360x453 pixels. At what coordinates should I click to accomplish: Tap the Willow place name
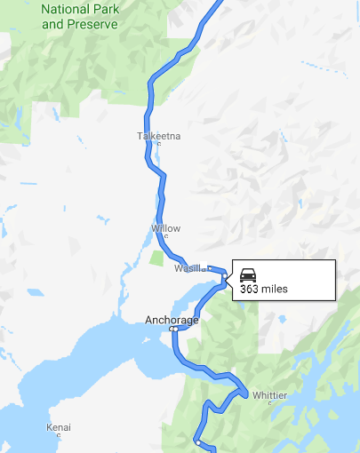[x=165, y=228]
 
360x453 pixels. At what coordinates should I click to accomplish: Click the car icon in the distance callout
[x=249, y=274]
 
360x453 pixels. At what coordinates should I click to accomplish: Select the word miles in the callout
[x=275, y=289]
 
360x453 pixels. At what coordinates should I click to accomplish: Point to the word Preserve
[x=92, y=24]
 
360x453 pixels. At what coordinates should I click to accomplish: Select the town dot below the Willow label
[x=166, y=236]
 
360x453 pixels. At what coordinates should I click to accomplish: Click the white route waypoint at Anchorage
[x=174, y=329]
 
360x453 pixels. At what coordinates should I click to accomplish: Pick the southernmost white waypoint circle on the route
[x=197, y=441]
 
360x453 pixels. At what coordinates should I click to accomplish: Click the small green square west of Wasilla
[x=157, y=258]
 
